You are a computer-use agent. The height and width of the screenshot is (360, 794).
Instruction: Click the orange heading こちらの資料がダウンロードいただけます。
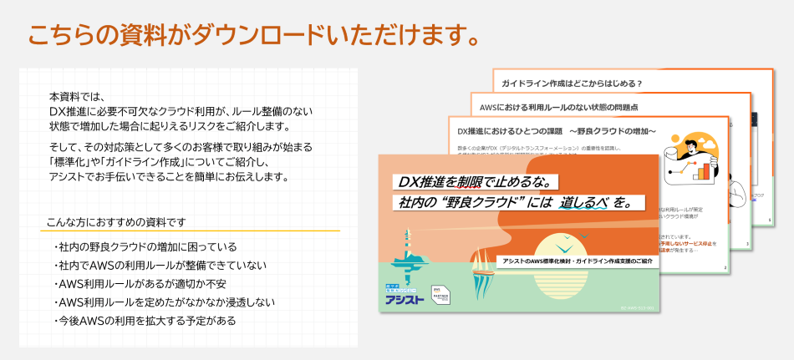tap(254, 35)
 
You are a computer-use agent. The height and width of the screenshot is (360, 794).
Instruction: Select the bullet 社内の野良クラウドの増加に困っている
tap(147, 247)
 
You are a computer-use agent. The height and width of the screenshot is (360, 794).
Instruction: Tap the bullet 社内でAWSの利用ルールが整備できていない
tap(162, 266)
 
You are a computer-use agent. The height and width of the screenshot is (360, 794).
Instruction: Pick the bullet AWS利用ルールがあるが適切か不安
tap(145, 284)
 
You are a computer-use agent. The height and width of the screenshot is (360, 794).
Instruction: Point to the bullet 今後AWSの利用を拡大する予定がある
tap(146, 321)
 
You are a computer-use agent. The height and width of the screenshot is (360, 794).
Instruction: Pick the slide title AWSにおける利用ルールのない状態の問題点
tap(559, 108)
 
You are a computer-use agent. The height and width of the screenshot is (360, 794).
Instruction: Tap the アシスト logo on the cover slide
tap(405, 296)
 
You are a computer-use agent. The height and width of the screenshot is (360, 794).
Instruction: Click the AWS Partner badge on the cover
tap(443, 297)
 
